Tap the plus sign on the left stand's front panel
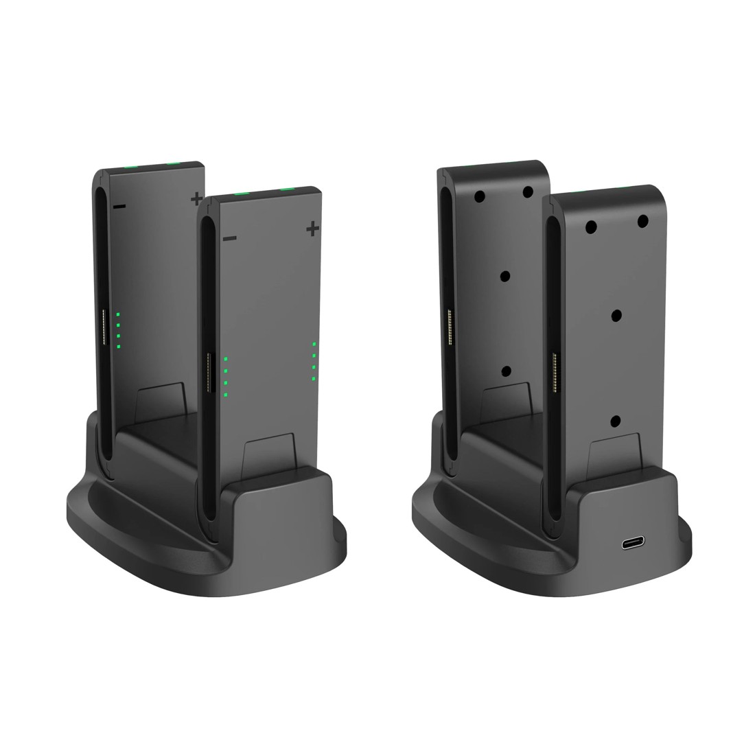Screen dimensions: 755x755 coord(313,227)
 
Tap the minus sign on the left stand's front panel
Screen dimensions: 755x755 coord(230,238)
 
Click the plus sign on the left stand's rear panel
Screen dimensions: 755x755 coord(197,198)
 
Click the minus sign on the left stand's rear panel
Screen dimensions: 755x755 coord(119,206)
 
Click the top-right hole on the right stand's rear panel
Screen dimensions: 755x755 coord(528,192)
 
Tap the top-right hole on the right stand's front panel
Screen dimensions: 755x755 coord(643,221)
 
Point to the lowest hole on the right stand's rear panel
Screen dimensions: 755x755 coord(507,371)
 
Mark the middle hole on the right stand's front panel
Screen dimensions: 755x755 coord(616,314)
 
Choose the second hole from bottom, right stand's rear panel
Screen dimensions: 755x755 coord(507,275)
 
